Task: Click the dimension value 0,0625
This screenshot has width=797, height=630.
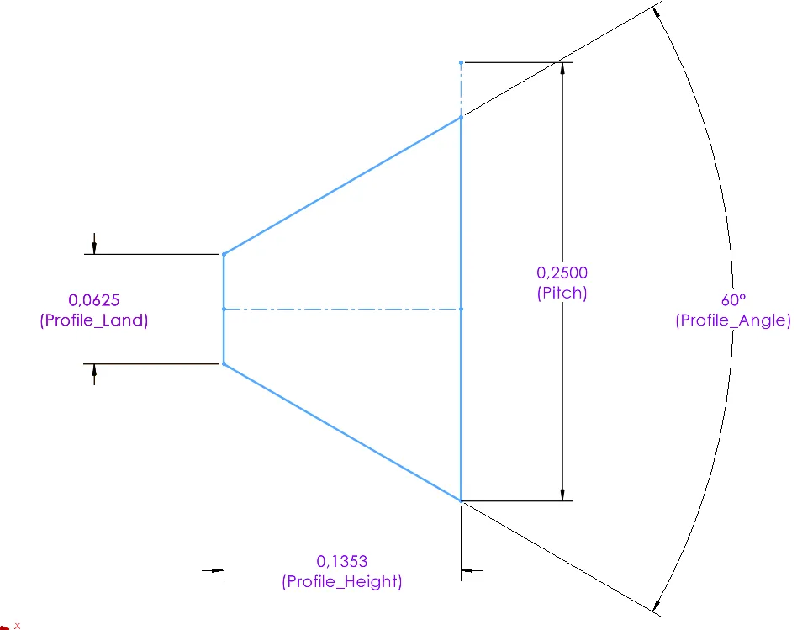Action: (94, 300)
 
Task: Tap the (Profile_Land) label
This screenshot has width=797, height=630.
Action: (94, 320)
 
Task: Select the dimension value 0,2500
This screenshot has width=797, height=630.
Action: (562, 273)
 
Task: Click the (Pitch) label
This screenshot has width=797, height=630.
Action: (562, 293)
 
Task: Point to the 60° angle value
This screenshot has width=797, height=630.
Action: (733, 300)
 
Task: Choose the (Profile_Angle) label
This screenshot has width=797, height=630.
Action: (733, 320)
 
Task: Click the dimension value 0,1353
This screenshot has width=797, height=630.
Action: (341, 561)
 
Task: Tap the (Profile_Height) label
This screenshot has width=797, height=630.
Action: (341, 581)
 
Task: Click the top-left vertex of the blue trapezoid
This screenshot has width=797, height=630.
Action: (224, 254)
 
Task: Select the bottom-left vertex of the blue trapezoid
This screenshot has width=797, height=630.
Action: (224, 364)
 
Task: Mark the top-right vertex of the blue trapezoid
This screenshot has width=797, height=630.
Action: (461, 118)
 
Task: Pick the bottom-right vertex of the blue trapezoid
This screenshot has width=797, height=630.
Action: (461, 500)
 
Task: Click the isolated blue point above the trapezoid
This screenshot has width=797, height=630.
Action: (461, 62)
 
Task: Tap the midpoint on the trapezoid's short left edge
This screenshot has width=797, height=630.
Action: (224, 310)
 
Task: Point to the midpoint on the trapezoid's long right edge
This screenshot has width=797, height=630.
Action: (461, 310)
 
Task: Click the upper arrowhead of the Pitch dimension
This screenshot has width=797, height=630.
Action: (562, 69)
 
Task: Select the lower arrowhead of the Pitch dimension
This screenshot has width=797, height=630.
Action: (562, 495)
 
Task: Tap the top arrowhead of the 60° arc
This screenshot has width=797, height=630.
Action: (657, 13)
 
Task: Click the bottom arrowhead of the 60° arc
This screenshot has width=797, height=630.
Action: (657, 606)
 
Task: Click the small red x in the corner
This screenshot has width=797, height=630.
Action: (18, 626)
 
